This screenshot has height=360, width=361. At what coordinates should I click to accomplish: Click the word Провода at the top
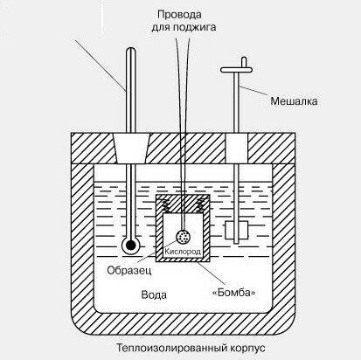click(179, 14)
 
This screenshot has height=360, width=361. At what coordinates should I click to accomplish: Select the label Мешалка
click(294, 101)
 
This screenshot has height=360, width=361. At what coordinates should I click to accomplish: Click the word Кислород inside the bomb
click(183, 251)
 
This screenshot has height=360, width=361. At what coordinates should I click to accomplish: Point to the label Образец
click(129, 271)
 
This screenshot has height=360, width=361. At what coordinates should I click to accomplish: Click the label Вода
click(154, 294)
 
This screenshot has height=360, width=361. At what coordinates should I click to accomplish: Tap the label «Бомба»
click(233, 292)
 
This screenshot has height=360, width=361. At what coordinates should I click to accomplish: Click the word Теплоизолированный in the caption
click(172, 348)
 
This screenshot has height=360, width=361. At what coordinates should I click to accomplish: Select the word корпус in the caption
click(247, 349)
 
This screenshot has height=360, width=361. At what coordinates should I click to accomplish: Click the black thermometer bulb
click(131, 246)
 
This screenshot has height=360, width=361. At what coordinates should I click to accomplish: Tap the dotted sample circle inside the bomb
click(184, 237)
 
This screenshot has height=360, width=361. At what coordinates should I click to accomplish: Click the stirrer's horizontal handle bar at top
click(236, 70)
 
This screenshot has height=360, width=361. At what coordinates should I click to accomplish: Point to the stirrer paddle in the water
click(236, 230)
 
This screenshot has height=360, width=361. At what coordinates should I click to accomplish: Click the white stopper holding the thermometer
click(131, 149)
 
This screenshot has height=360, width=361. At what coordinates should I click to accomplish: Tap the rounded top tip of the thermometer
click(131, 49)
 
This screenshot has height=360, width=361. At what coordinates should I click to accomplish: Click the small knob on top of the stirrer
click(244, 62)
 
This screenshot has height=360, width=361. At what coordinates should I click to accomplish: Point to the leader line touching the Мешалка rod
click(253, 91)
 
